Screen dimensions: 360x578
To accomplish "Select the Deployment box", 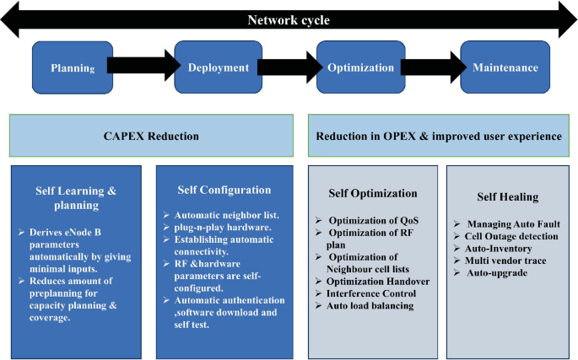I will (218, 67).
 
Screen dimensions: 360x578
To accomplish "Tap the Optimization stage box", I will (360, 67).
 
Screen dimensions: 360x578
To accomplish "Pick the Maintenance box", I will (505, 67).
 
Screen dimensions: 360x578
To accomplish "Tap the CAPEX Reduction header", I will (152, 136).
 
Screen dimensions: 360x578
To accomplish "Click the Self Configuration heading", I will (225, 191).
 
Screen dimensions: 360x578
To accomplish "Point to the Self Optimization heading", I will (373, 193).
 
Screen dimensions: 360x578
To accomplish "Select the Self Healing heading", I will (507, 196).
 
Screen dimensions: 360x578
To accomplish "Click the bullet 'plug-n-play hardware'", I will (222, 227).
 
